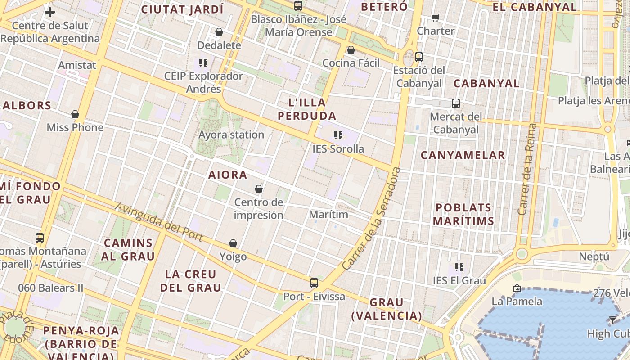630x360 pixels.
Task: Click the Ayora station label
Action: click(231, 135)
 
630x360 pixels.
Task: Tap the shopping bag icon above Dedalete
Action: click(219, 32)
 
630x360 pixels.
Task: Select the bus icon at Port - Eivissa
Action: click(314, 283)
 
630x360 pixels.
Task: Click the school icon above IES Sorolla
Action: click(338, 135)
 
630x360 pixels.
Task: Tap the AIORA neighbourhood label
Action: click(228, 175)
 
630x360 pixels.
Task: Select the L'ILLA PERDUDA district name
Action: click(307, 109)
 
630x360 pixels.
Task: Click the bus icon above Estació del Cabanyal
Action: click(419, 57)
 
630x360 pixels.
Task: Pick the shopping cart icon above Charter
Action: click(435, 18)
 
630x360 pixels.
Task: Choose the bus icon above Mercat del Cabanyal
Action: click(456, 103)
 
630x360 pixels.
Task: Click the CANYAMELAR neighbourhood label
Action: click(463, 155)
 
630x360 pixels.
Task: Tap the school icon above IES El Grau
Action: click(459, 267)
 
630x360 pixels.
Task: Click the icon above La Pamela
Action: click(517, 288)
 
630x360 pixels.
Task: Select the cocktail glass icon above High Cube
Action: click(612, 320)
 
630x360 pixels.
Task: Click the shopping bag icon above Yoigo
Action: click(233, 243)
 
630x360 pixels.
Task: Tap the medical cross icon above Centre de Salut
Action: click(50, 12)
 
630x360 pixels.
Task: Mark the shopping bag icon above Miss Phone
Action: click(75, 114)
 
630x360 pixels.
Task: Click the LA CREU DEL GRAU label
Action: click(191, 280)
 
